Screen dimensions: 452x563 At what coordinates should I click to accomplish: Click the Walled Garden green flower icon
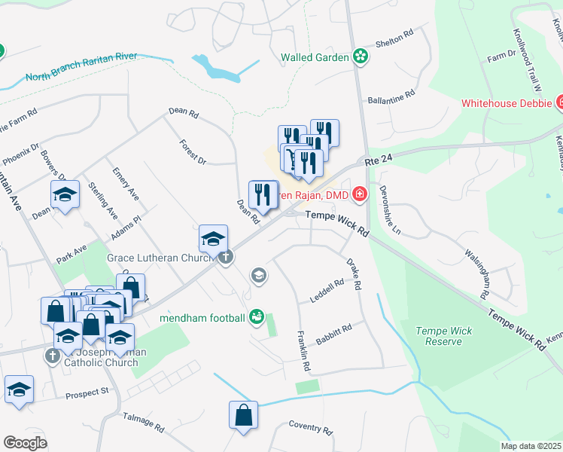point(361,56)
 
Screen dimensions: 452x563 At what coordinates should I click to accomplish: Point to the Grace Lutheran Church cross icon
point(225,257)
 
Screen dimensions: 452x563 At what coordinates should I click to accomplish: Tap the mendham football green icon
point(257,317)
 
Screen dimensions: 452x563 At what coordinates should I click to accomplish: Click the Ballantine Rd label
point(391,98)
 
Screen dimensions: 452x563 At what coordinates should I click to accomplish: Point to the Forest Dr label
point(193,151)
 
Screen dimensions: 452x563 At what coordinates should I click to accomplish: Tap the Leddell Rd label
point(327,291)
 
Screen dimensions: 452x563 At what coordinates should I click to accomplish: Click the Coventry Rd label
point(310,428)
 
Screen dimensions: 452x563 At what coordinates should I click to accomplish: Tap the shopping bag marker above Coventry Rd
point(244,415)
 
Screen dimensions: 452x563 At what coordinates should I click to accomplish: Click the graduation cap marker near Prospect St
point(19,389)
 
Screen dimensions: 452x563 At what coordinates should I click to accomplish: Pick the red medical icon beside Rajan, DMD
point(360,195)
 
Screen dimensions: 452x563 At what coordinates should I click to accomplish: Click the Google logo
point(26,443)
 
